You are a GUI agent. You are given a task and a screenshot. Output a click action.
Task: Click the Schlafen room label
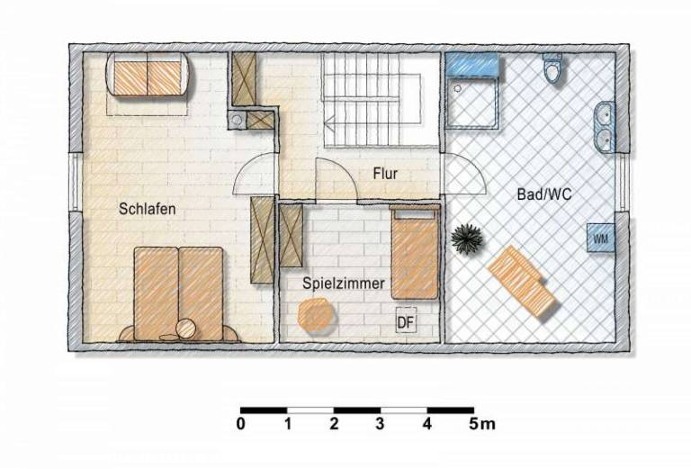148,209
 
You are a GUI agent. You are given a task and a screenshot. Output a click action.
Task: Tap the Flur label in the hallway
385,173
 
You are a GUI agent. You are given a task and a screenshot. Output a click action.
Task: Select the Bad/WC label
543,194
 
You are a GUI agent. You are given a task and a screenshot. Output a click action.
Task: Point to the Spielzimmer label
344,284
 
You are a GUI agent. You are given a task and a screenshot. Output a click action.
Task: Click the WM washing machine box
601,238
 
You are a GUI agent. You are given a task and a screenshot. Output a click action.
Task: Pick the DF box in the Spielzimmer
406,322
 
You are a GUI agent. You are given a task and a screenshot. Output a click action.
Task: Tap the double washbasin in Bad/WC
605,127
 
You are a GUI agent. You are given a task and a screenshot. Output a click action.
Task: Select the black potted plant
467,239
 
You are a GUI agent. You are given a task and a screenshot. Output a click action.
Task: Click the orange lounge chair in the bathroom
522,282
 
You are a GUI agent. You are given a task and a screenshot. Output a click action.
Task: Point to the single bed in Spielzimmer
415,252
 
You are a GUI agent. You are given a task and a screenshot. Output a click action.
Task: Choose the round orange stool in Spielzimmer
315,314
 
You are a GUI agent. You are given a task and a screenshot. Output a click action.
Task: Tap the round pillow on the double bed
187,329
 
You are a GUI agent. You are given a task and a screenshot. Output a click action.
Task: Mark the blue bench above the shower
472,64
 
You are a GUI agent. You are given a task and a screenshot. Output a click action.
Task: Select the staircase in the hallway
376,100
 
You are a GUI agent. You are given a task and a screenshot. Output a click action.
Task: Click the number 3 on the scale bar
380,424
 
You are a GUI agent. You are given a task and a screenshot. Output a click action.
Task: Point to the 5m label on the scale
482,424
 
